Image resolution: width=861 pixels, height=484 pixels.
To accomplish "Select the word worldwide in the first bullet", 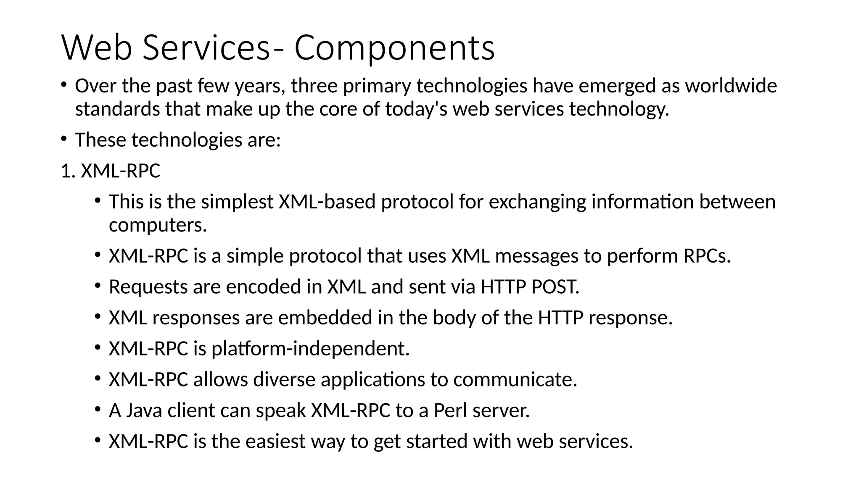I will pyautogui.click(x=731, y=86).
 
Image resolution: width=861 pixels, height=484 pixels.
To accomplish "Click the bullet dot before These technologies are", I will pyautogui.click(x=64, y=138).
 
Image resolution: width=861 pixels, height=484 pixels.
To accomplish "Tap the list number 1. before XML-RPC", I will pyautogui.click(x=68, y=171).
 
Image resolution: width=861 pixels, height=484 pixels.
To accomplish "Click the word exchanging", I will pyautogui.click(x=537, y=202).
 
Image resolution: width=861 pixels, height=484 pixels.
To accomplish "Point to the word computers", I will pyautogui.click(x=158, y=225).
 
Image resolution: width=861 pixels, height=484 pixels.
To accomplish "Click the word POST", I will pyautogui.click(x=555, y=287).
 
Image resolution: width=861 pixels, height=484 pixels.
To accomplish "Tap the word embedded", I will pyautogui.click(x=325, y=318).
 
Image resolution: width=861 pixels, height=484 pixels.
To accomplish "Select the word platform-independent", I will pyautogui.click(x=310, y=349).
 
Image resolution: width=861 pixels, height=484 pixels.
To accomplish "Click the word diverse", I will pyautogui.click(x=284, y=379).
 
